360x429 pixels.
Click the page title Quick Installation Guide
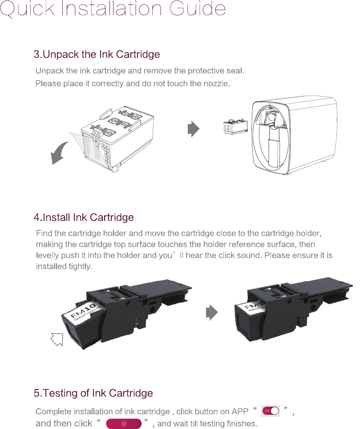point(113,9)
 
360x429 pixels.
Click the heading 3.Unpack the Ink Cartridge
point(97,55)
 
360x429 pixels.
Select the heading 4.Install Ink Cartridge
point(84,218)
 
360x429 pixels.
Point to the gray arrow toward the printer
point(193,129)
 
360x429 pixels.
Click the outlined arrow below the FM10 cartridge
point(57,339)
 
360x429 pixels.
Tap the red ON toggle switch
point(271,410)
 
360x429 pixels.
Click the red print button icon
point(124,424)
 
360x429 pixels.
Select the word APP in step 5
point(240,411)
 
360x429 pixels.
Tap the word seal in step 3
point(236,71)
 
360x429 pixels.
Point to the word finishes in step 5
point(242,424)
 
